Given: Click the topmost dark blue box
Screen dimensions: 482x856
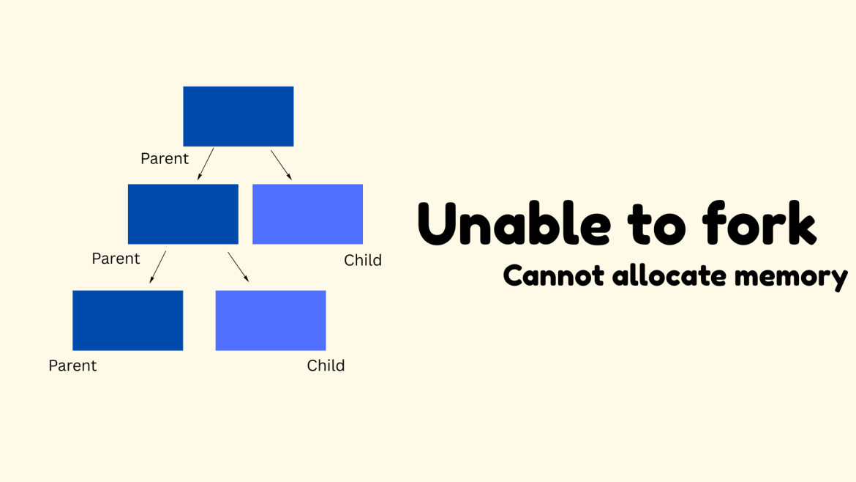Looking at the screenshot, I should [238, 116].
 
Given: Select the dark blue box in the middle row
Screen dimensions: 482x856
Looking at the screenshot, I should [183, 214].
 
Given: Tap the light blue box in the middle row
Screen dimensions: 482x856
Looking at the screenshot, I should [307, 214].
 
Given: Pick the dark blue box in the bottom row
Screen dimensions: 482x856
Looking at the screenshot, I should [127, 320].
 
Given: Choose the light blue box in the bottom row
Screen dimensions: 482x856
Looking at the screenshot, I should [270, 320].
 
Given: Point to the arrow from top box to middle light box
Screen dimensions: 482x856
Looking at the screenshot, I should [281, 164].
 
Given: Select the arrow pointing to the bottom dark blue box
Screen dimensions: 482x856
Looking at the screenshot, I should [157, 267].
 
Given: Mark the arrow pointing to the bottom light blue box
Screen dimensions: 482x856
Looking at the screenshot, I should [238, 267].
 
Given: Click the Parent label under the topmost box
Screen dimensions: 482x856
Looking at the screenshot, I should [165, 159].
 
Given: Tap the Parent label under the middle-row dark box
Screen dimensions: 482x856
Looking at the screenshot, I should [116, 259].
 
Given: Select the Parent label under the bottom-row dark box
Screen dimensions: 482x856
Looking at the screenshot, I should [72, 366].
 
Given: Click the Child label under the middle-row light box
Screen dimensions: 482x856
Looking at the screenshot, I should [363, 260].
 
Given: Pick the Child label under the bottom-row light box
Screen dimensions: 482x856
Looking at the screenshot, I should [326, 366].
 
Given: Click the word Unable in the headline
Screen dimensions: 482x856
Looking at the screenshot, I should [513, 223].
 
